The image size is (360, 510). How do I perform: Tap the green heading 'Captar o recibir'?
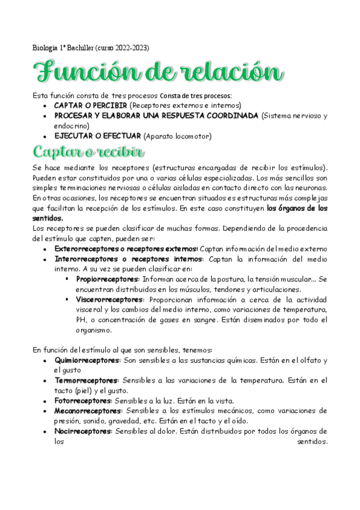tap(88, 150)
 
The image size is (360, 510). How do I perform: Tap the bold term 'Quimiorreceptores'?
tap(87, 360)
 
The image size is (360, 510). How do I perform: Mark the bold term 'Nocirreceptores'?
tap(83, 431)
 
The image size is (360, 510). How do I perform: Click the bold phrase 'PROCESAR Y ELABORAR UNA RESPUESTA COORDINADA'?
tap(157, 115)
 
